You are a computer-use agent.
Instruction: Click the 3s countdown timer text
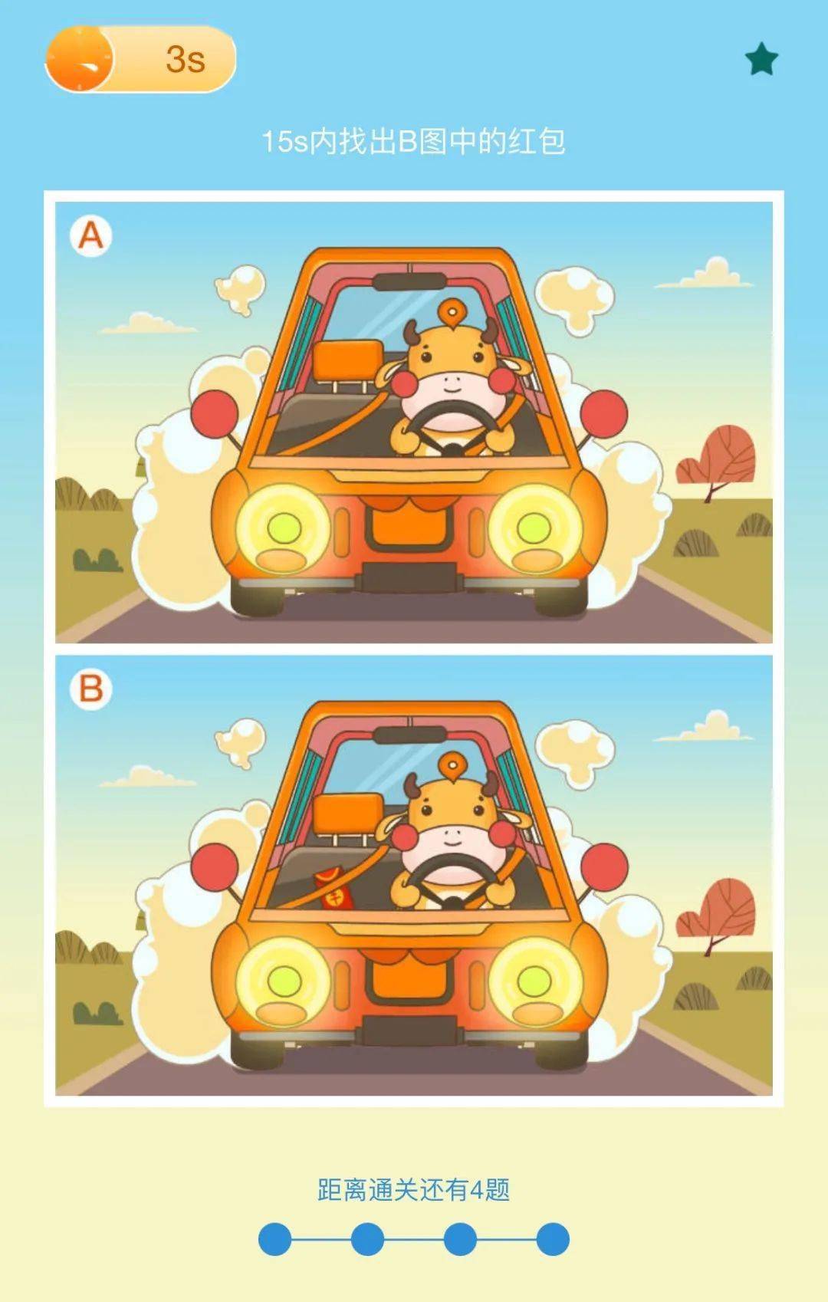tap(186, 59)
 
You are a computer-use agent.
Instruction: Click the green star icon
tap(761, 59)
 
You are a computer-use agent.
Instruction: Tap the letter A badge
tap(90, 236)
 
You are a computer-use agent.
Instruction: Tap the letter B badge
tap(90, 689)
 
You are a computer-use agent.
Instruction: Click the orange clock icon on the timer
tap(79, 59)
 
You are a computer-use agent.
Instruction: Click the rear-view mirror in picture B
tap(409, 735)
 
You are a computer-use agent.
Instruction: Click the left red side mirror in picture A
tap(215, 413)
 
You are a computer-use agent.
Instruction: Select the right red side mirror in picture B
tap(604, 866)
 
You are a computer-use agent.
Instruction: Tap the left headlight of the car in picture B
tap(283, 983)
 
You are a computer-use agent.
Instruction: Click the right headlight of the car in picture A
tap(535, 529)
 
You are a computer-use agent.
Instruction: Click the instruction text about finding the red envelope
tap(413, 141)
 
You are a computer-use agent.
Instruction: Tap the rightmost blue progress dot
tap(553, 1238)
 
